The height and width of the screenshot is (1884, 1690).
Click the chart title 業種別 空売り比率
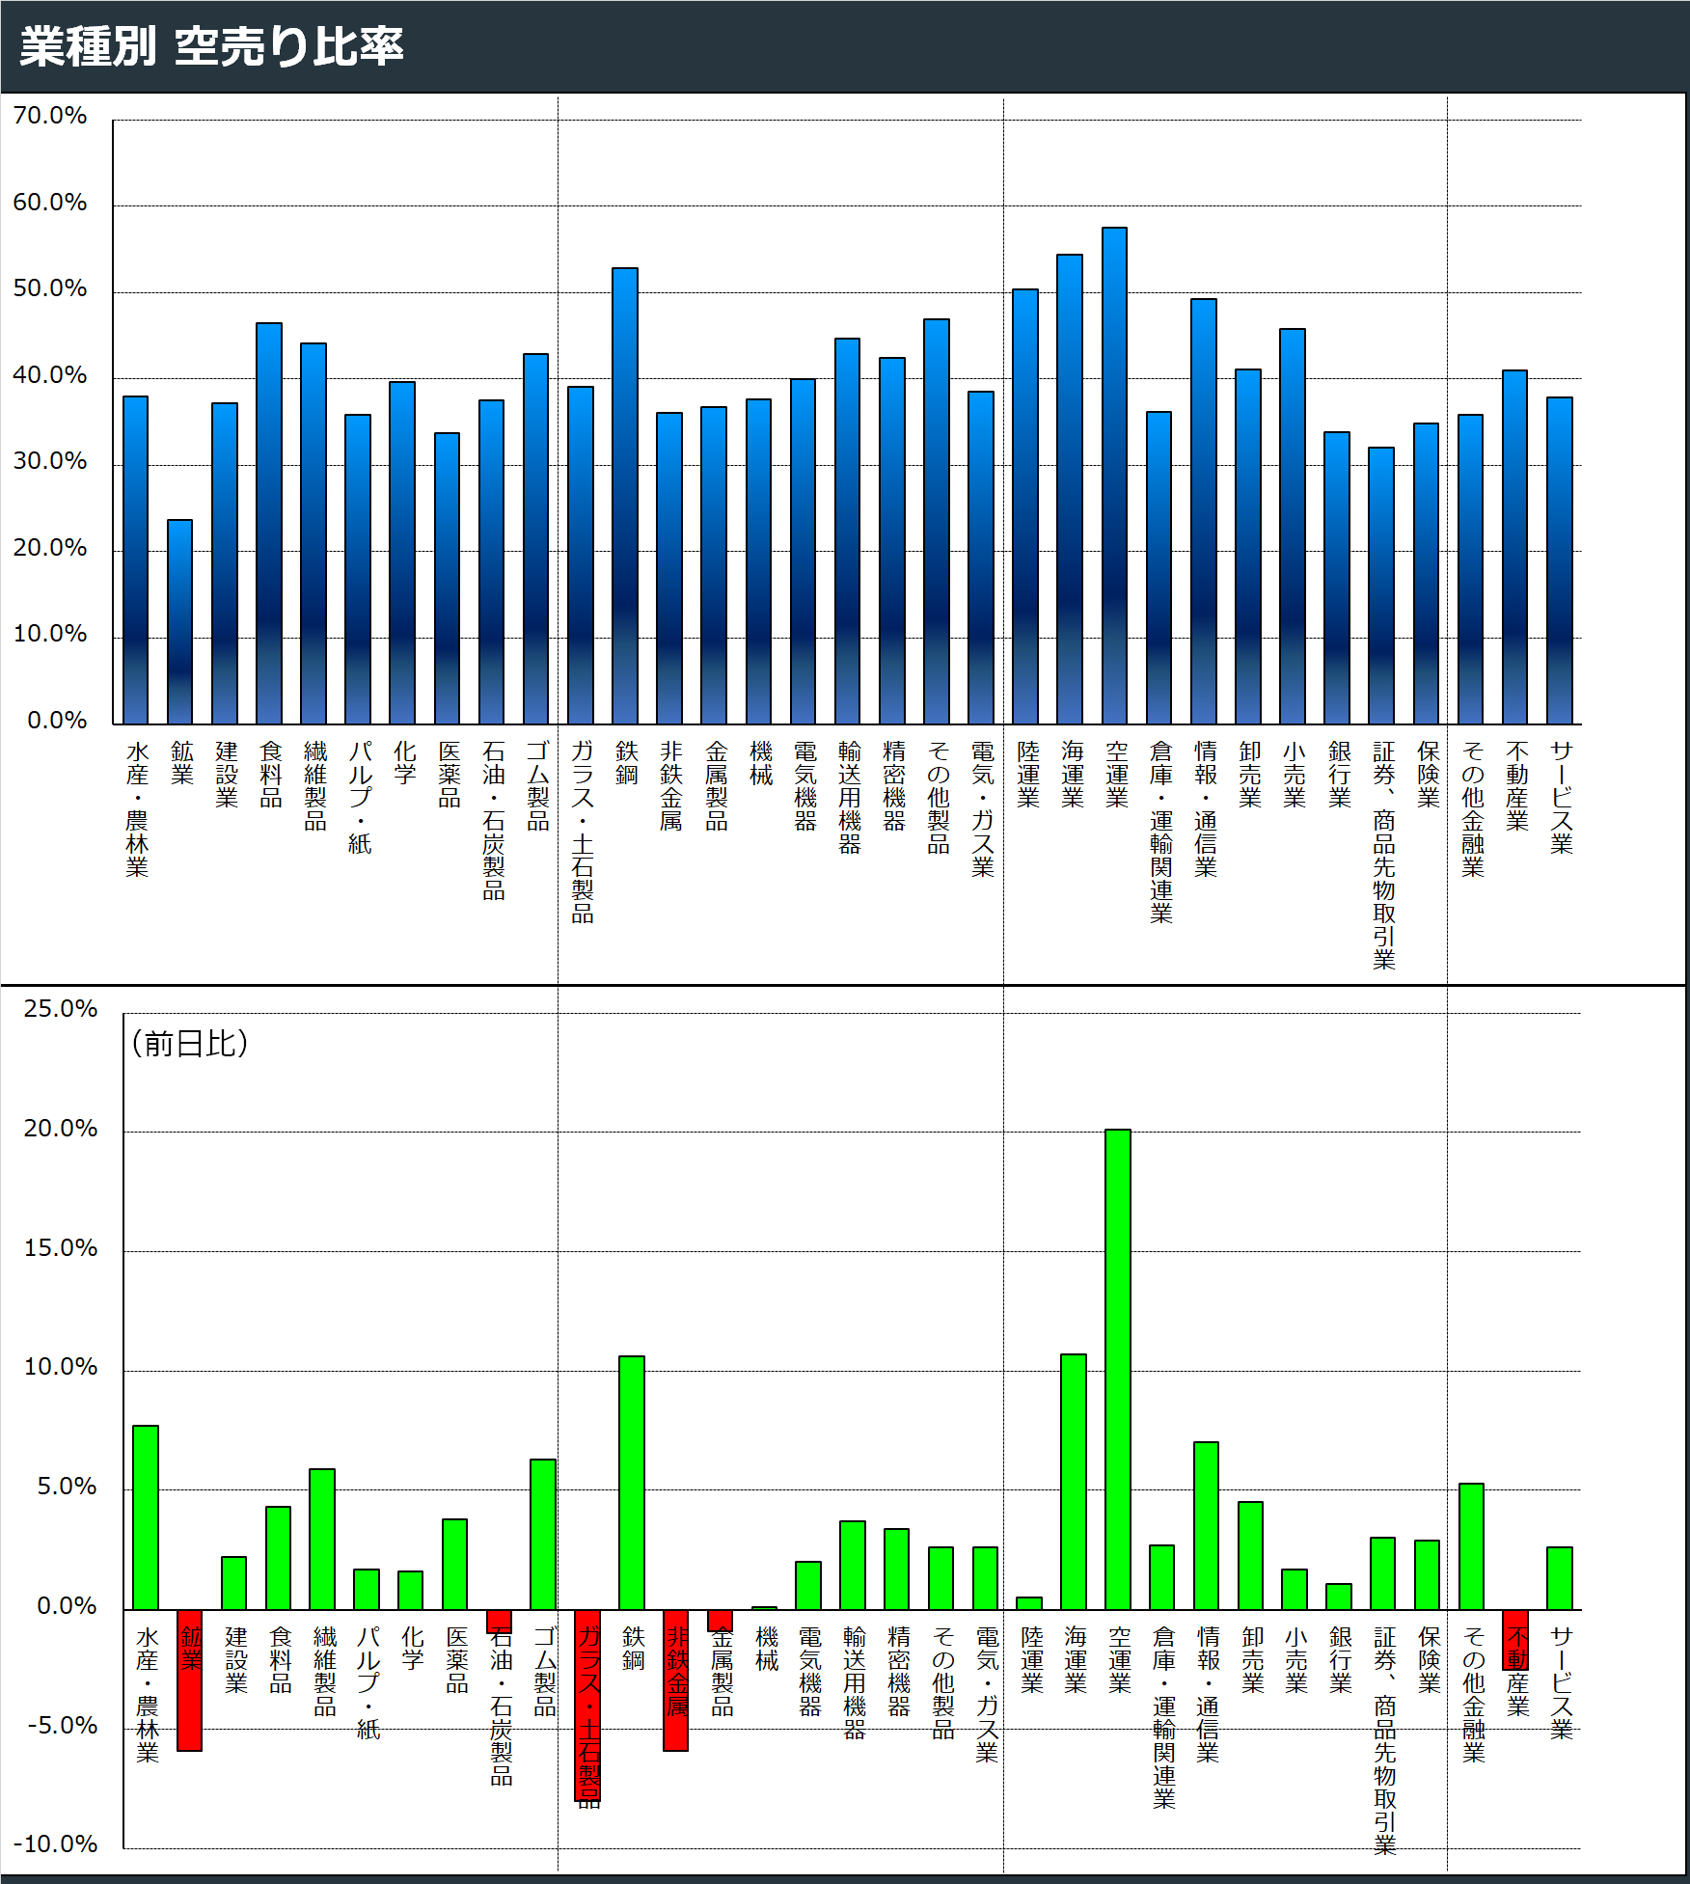(211, 46)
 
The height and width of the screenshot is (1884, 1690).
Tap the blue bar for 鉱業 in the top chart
(179, 622)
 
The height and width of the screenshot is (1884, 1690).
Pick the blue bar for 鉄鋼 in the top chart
(625, 496)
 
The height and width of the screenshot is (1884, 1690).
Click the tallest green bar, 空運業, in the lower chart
(1118, 1369)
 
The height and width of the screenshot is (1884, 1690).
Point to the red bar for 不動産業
(1515, 1639)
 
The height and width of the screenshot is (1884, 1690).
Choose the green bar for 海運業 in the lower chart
(1074, 1482)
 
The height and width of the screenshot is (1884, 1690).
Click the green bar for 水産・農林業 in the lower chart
(146, 1517)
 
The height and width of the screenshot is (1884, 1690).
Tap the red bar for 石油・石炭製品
(499, 1621)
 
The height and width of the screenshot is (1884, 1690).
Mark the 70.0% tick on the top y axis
(50, 116)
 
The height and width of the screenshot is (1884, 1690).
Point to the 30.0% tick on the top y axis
(50, 461)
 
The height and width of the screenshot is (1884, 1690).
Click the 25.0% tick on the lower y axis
(61, 1009)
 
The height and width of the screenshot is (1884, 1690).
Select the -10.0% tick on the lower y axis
(56, 1843)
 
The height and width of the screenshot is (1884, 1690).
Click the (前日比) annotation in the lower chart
(190, 1043)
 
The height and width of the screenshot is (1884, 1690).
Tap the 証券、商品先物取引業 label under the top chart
(1384, 855)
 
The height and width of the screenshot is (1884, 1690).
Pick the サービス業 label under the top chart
(1562, 797)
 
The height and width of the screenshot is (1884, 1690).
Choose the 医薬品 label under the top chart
(449, 774)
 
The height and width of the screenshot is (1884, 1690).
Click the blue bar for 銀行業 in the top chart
(1337, 578)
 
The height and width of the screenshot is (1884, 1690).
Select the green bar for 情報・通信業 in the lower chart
(1206, 1525)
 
